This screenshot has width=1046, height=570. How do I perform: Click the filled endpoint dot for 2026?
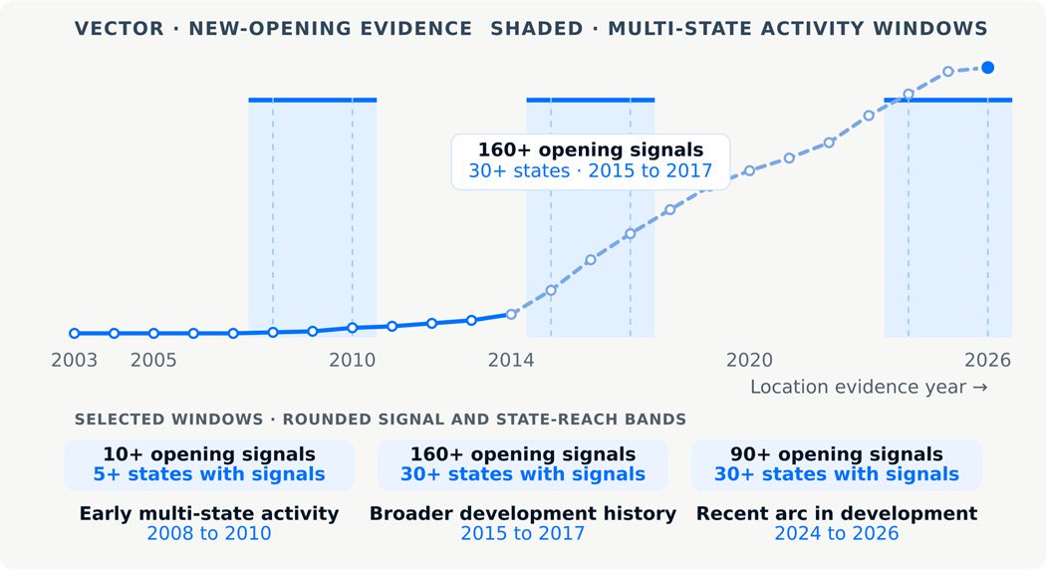[x=988, y=68]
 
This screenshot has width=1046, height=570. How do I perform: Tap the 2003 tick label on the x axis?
[x=74, y=361]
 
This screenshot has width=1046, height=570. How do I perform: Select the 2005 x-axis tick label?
[x=153, y=361]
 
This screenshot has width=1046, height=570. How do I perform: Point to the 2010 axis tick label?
[x=353, y=361]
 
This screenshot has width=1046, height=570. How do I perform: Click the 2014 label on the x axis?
[x=511, y=361]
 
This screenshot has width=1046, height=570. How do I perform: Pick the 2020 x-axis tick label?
[x=749, y=361]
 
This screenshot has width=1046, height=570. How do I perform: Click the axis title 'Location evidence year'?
[x=858, y=387]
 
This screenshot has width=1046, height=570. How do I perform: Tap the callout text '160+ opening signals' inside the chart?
[x=591, y=149]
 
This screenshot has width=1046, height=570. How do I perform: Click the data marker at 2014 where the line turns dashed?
[x=511, y=314]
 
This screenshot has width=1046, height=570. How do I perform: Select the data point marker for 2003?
[x=74, y=333]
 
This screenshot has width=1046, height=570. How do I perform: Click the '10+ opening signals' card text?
[x=209, y=454]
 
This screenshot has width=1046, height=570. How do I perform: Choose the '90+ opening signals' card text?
[x=837, y=454]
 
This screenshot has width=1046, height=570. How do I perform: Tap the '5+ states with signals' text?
[x=209, y=474]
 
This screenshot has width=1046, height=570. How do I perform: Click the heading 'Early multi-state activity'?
[x=209, y=513]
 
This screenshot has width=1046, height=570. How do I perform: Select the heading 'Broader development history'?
[x=522, y=513]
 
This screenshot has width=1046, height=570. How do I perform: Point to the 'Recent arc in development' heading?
[x=837, y=513]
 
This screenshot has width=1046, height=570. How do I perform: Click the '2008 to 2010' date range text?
[x=209, y=533]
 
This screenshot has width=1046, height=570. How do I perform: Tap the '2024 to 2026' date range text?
[x=837, y=533]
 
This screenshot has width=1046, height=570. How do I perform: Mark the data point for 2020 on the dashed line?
[x=749, y=170]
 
